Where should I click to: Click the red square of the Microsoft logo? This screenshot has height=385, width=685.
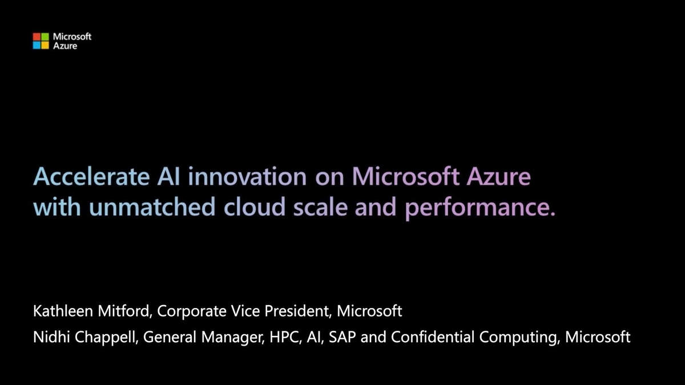tap(37, 37)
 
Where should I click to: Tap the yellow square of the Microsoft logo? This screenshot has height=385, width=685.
tap(45, 45)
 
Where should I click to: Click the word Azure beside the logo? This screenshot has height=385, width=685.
tap(65, 46)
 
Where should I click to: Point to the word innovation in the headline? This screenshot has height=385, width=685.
tap(246, 177)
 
